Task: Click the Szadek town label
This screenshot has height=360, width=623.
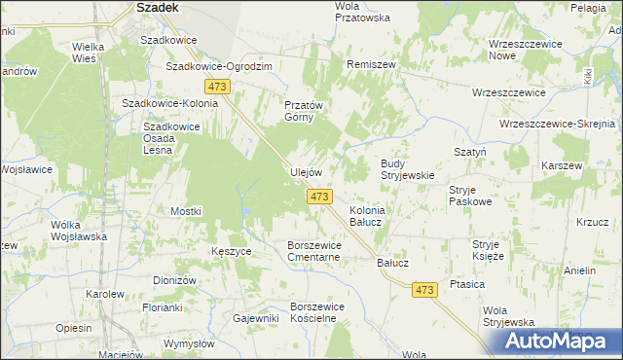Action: pyautogui.click(x=156, y=7)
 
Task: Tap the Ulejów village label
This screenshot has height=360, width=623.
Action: pyautogui.click(x=306, y=172)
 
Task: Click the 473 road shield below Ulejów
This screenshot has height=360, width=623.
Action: pyautogui.click(x=319, y=197)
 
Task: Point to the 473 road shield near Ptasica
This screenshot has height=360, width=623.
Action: pyautogui.click(x=423, y=290)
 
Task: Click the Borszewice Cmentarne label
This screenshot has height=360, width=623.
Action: pyautogui.click(x=313, y=251)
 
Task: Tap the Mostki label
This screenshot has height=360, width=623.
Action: pyautogui.click(x=185, y=211)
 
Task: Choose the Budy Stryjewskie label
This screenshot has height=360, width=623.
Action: pyautogui.click(x=406, y=169)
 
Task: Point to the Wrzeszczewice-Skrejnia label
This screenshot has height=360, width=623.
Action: pyautogui.click(x=558, y=125)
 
